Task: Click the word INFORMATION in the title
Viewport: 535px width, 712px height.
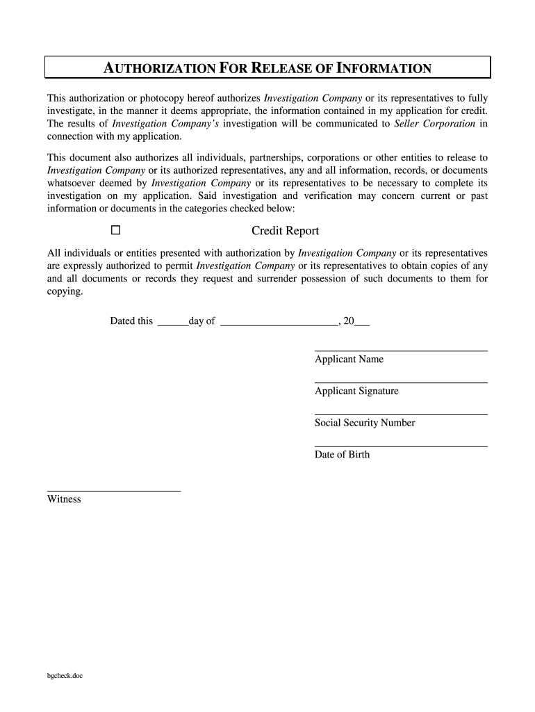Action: [384, 68]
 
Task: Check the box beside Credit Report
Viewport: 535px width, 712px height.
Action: [115, 230]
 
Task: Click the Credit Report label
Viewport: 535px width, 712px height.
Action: [285, 231]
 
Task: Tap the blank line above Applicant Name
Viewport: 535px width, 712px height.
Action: [401, 350]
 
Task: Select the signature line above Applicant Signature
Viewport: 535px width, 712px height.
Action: [401, 382]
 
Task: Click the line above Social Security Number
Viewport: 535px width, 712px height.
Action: [401, 414]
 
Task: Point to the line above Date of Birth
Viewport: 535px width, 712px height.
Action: [401, 446]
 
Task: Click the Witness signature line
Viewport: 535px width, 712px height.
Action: [114, 491]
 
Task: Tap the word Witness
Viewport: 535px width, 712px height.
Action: [64, 499]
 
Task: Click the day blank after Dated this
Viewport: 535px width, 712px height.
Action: [172, 325]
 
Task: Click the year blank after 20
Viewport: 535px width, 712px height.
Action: [362, 325]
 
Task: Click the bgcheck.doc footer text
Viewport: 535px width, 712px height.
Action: [65, 675]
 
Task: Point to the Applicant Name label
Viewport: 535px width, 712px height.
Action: [349, 359]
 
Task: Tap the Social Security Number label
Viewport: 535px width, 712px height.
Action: [365, 423]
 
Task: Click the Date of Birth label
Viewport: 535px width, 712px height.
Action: [342, 455]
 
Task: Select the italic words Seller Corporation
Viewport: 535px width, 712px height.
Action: [435, 124]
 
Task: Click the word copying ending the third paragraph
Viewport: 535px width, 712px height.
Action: [65, 292]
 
